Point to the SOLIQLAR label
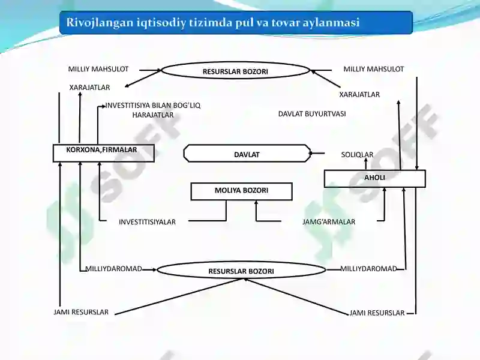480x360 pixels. (357, 155)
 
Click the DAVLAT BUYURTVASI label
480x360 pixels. (312, 114)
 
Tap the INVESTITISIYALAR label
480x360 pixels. (147, 222)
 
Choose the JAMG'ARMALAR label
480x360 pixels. (329, 221)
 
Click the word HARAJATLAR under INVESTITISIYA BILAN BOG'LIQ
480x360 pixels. (153, 115)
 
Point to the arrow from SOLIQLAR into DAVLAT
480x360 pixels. (317, 153)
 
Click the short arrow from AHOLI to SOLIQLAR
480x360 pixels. (365, 164)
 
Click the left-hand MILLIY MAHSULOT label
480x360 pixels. (98, 69)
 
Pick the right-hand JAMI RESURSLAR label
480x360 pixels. (377, 313)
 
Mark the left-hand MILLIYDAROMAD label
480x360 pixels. (113, 269)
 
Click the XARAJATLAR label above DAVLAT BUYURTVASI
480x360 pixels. (359, 94)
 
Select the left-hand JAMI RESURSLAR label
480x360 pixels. (81, 312)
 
